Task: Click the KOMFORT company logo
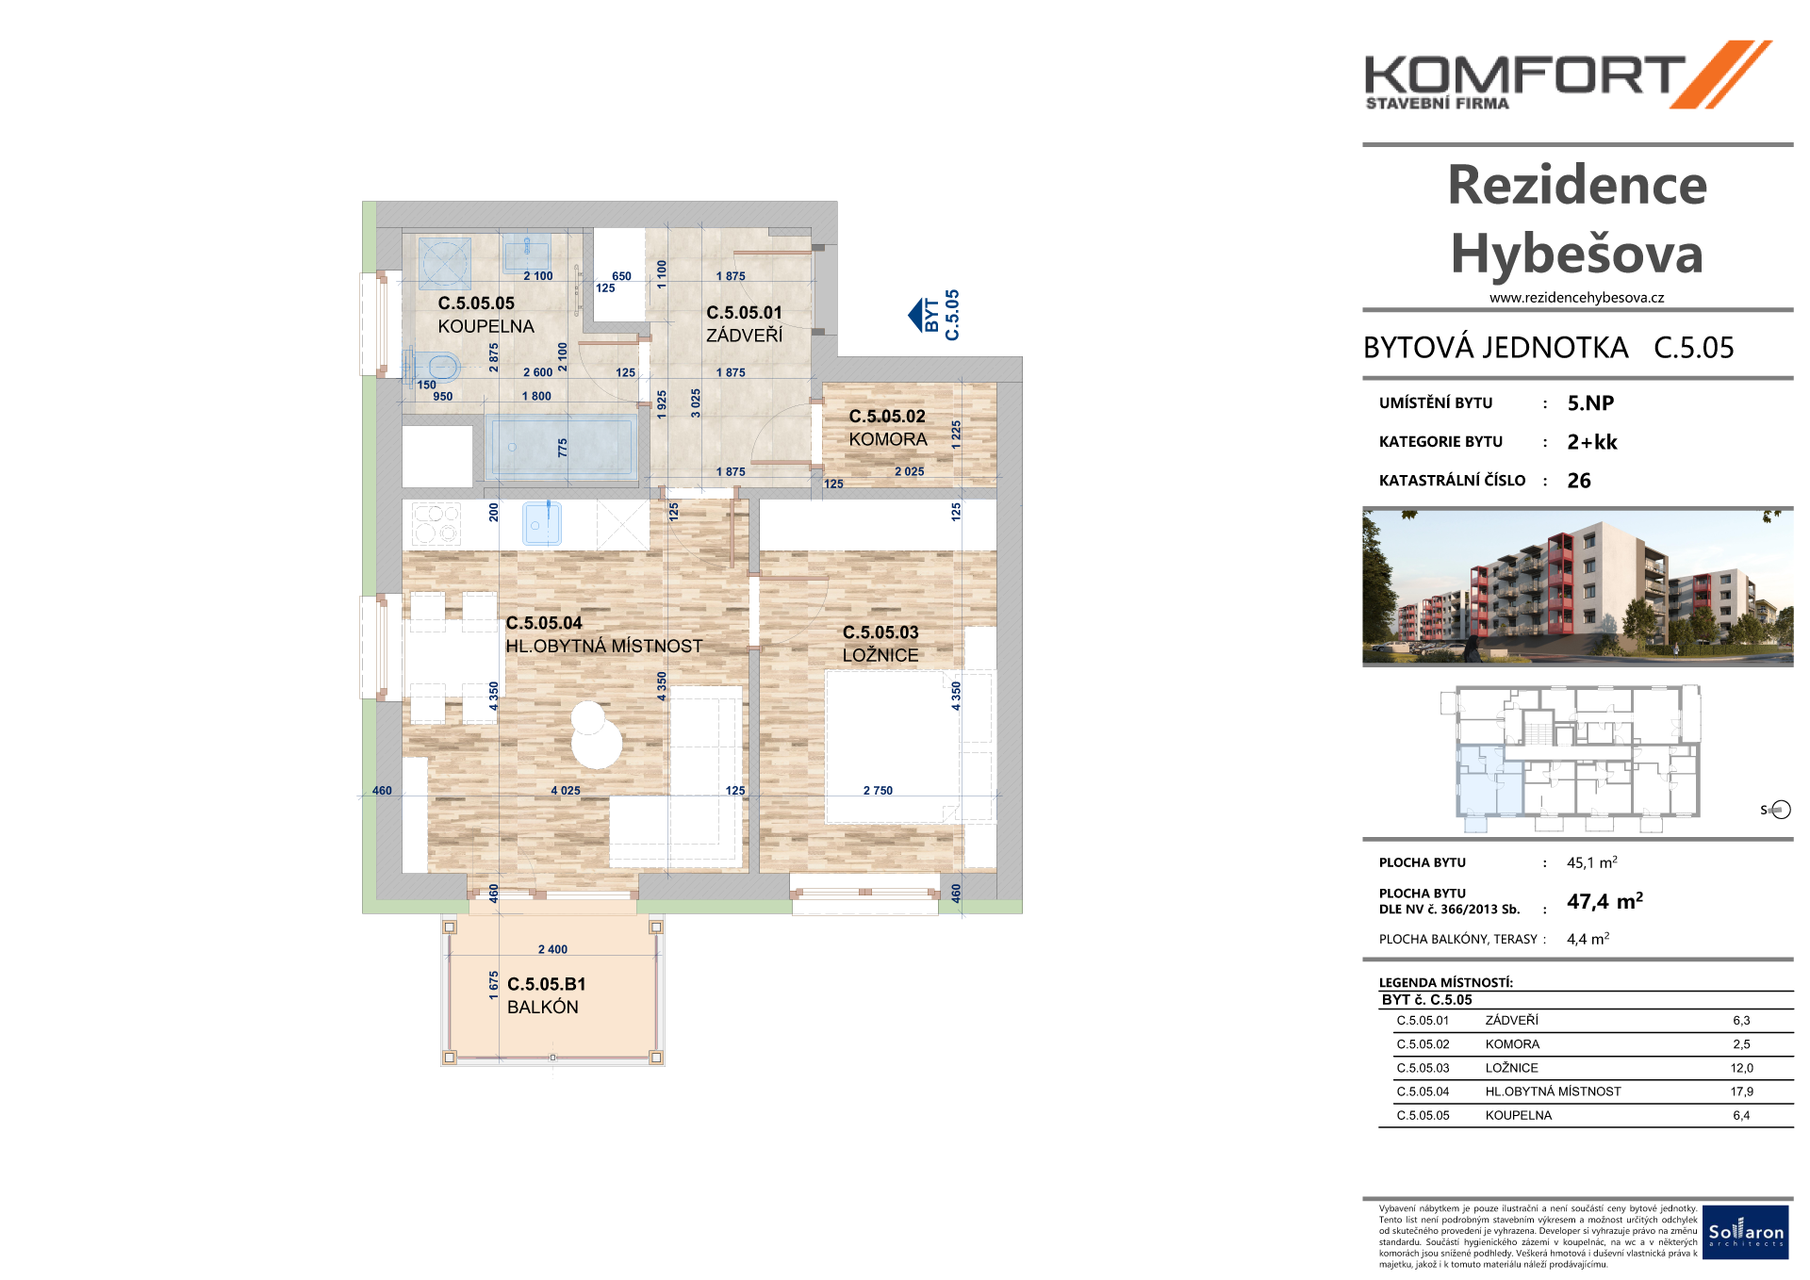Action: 1569,75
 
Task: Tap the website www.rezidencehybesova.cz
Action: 1576,298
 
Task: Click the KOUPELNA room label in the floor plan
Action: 485,326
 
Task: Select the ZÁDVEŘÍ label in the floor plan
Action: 745,335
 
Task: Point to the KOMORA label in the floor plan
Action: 888,439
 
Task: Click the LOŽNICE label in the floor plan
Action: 880,655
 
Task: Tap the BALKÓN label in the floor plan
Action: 543,1007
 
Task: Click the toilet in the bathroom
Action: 435,365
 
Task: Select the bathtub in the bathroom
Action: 563,447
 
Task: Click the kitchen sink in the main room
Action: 542,523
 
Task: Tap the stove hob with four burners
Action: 436,523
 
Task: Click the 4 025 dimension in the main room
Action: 566,791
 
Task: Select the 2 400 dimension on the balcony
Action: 553,949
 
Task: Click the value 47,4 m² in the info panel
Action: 1604,901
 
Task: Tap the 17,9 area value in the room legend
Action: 1742,1091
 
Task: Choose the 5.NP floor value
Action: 1590,403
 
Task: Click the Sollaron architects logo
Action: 1746,1232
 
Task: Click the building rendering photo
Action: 1578,588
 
